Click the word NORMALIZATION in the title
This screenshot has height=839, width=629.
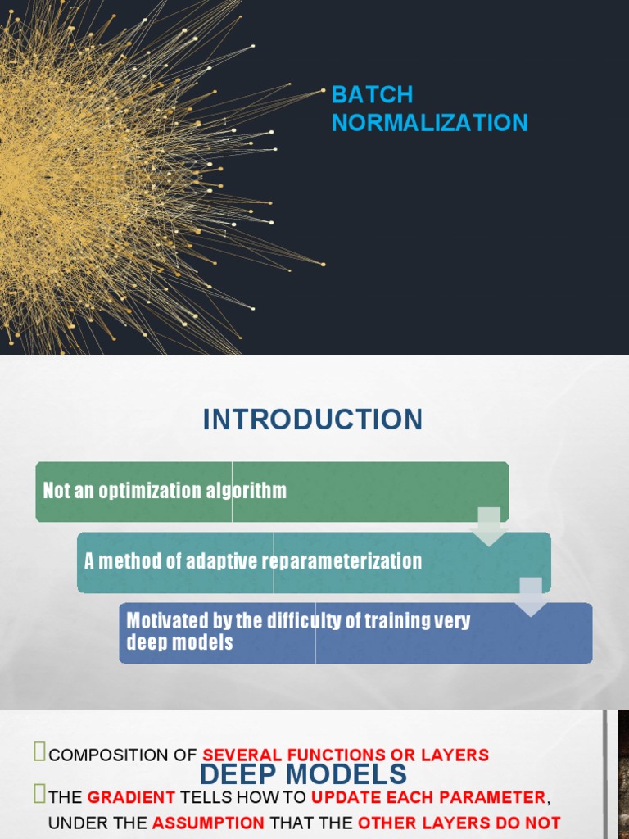429,123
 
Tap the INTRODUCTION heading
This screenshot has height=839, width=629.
313,419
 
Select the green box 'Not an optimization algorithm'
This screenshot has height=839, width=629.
272,492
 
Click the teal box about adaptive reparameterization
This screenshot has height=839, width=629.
314,562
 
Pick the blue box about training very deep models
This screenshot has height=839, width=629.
355,633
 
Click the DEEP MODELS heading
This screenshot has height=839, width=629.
303,774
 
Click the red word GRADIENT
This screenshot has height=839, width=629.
131,797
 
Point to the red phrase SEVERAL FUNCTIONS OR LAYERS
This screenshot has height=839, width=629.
346,755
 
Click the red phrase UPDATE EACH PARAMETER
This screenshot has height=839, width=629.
428,797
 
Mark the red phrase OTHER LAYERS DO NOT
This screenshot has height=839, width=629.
459,823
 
